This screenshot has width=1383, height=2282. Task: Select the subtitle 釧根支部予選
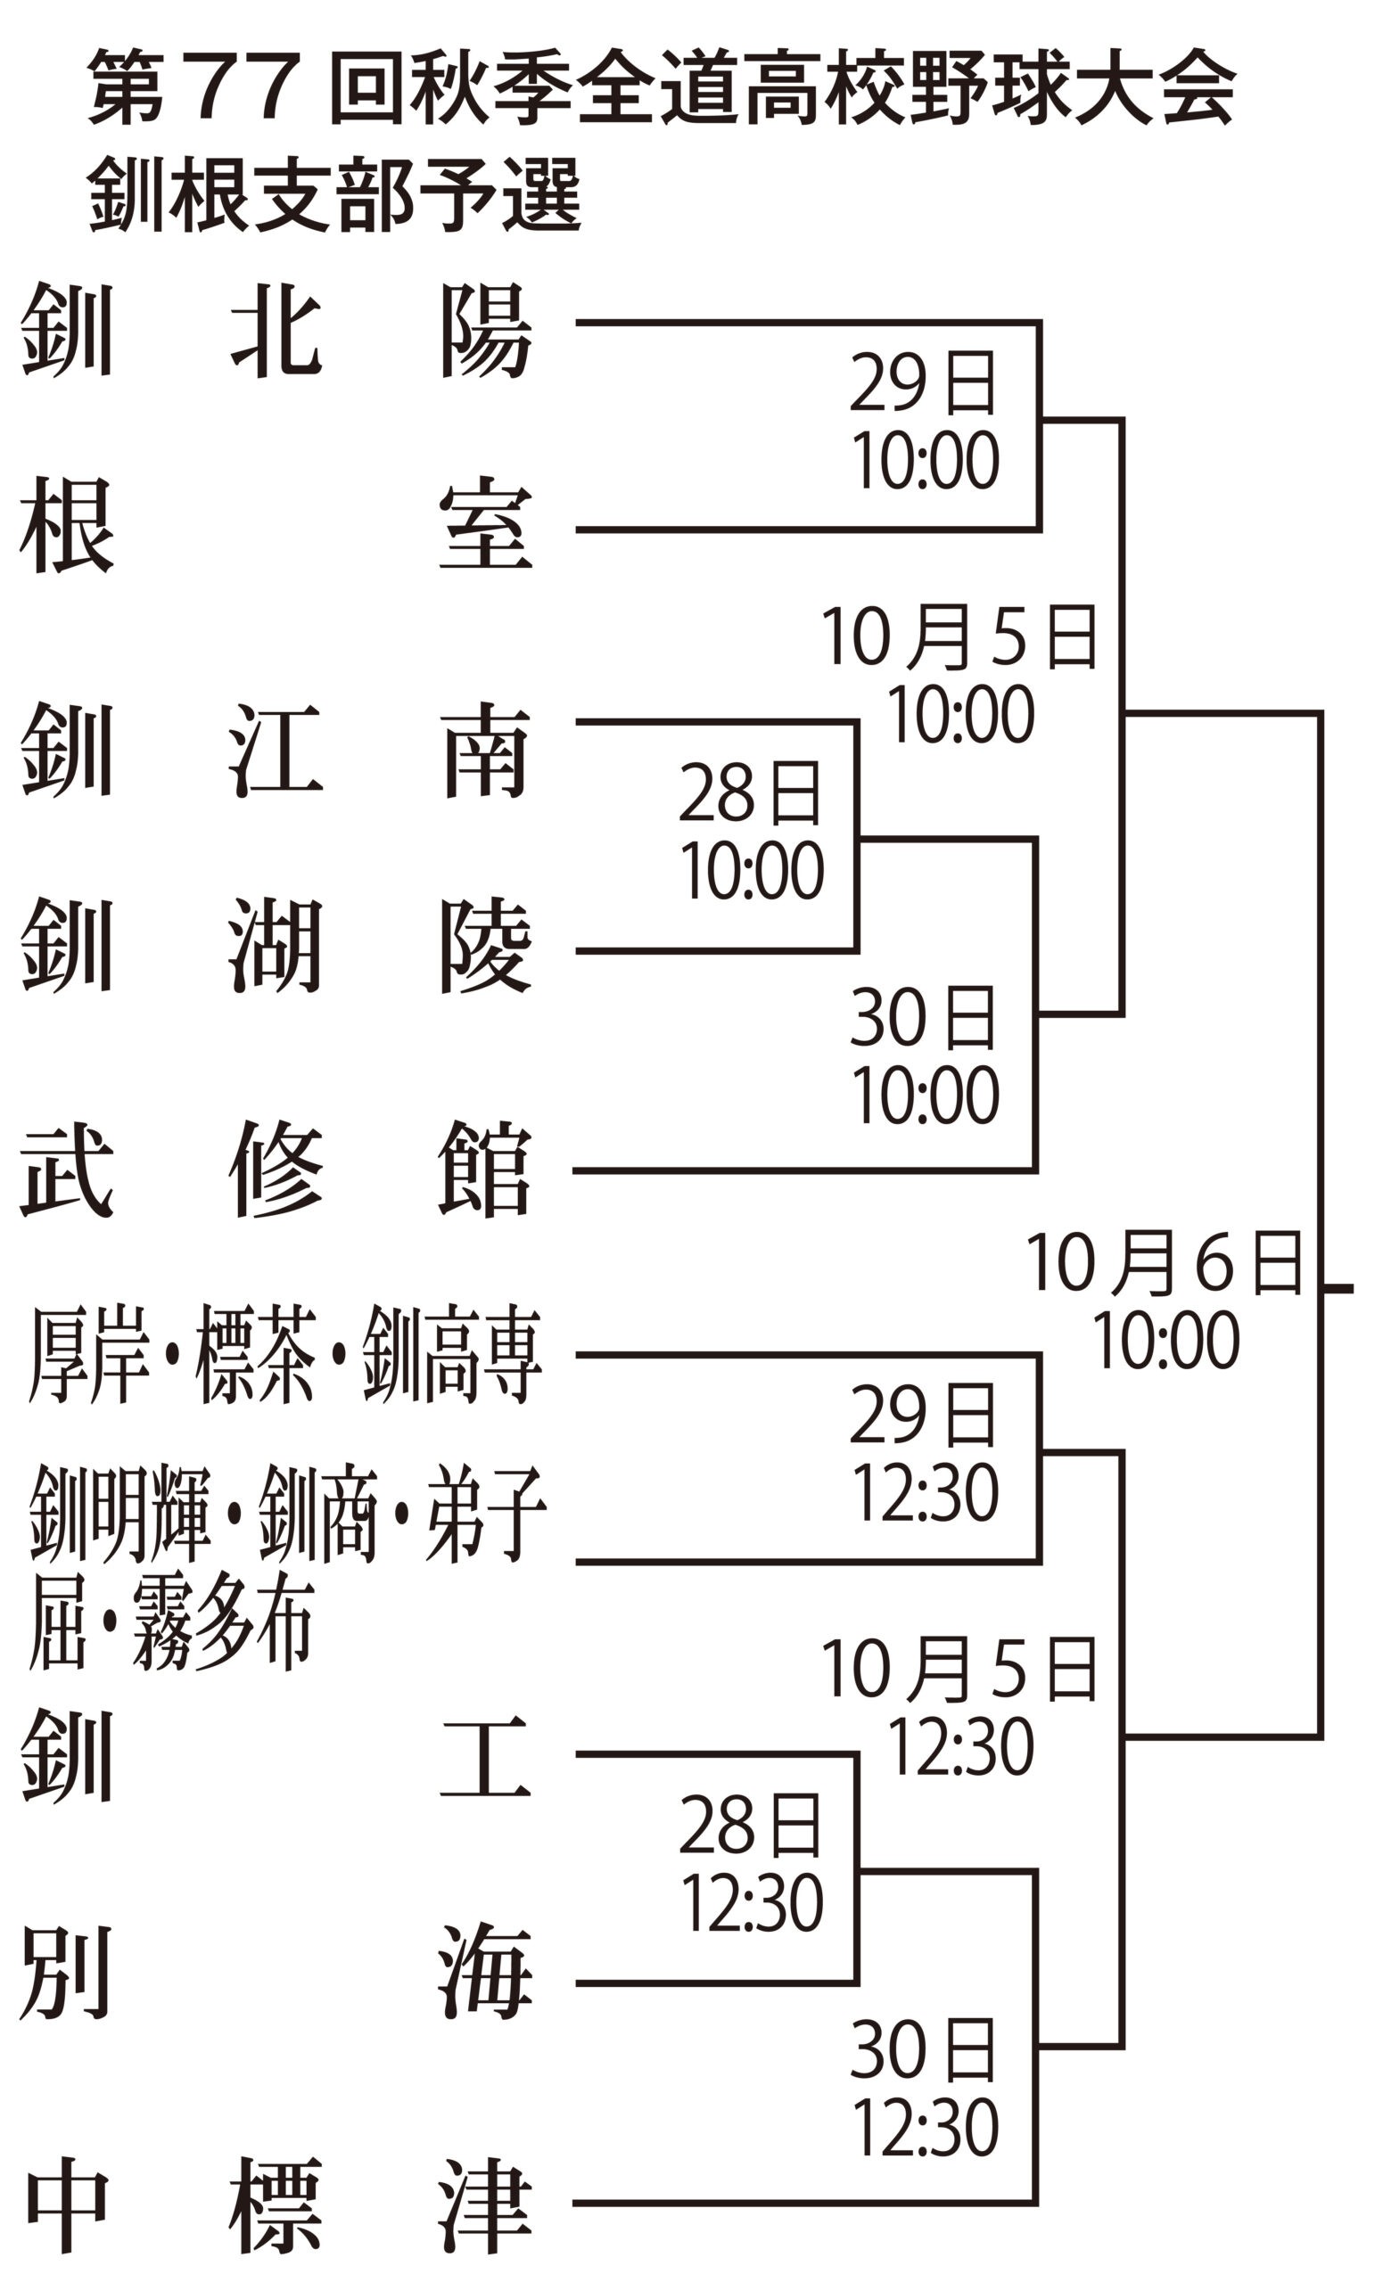(333, 194)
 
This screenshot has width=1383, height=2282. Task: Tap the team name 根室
(276, 526)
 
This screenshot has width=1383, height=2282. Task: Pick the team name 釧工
(276, 1757)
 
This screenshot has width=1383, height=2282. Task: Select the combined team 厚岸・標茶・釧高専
(285, 1354)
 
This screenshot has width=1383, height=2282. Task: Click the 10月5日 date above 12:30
(959, 1668)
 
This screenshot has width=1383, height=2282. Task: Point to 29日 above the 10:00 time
(923, 382)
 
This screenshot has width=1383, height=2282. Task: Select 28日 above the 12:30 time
(750, 1825)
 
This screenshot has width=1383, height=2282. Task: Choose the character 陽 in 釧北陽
(486, 330)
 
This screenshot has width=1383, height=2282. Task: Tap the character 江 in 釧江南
(276, 750)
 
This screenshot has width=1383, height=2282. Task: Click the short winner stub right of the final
(1338, 1288)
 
